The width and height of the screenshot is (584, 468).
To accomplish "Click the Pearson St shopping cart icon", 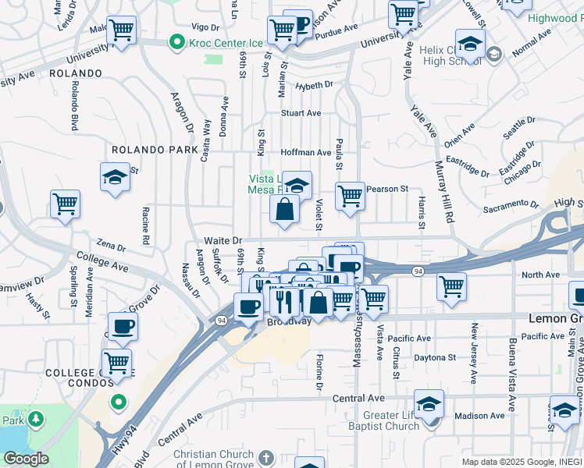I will (351, 196).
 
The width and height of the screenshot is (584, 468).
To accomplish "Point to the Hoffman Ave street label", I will (306, 153).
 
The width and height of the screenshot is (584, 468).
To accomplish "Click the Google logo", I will (26, 459).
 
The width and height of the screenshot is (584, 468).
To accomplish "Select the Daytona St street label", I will (435, 357).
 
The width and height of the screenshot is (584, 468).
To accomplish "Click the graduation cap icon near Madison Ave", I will (429, 404).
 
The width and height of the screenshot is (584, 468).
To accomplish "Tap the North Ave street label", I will (541, 275).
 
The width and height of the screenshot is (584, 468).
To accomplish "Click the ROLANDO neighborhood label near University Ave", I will (76, 73).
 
